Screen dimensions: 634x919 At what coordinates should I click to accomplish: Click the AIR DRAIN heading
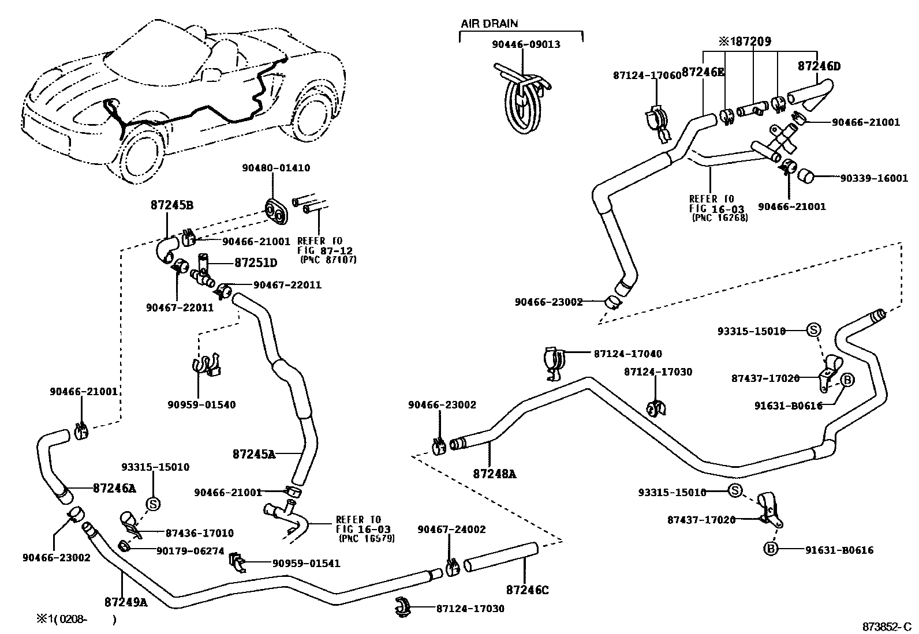489,24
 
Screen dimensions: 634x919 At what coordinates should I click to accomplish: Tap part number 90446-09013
526,44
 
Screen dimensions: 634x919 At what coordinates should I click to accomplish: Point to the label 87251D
256,263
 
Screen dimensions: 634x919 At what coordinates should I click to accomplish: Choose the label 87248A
494,474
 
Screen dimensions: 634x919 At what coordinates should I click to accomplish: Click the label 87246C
527,590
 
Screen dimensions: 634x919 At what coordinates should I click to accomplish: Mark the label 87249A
126,602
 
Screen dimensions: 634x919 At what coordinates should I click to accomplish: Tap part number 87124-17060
647,76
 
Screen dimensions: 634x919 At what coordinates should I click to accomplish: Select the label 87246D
819,66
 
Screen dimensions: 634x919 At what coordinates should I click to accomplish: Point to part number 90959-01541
306,564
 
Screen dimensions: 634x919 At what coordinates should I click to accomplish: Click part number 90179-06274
190,551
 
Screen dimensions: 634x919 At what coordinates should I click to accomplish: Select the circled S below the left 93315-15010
154,504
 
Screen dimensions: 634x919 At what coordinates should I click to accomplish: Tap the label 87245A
253,454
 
